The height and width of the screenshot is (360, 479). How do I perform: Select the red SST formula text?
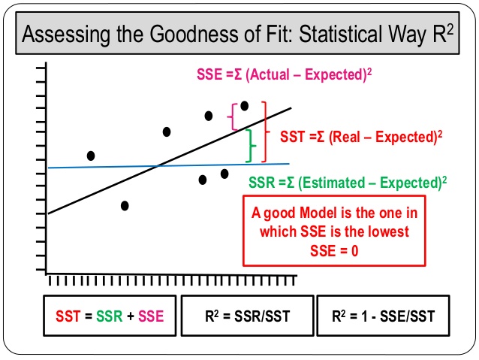click(x=360, y=138)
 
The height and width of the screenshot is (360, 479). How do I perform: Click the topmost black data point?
click(x=244, y=106)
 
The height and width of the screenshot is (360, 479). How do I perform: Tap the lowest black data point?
click(x=125, y=205)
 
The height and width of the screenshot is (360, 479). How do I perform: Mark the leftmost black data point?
click(x=91, y=156)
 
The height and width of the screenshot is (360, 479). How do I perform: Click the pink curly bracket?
click(x=233, y=116)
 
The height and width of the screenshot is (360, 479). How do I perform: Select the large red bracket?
click(x=264, y=132)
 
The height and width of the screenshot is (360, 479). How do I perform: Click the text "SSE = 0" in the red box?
click(x=334, y=251)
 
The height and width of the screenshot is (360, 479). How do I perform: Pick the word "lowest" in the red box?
click(x=388, y=232)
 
